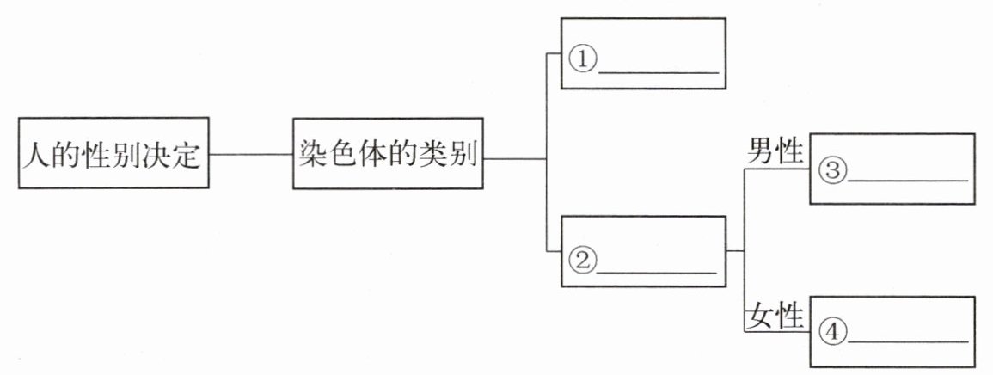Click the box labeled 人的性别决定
[113, 153]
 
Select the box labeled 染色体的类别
[388, 153]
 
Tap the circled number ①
[582, 60]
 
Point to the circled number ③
[832, 170]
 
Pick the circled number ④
[832, 329]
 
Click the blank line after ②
[656, 272]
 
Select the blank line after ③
[907, 181]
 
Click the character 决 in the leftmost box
[157, 155]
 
